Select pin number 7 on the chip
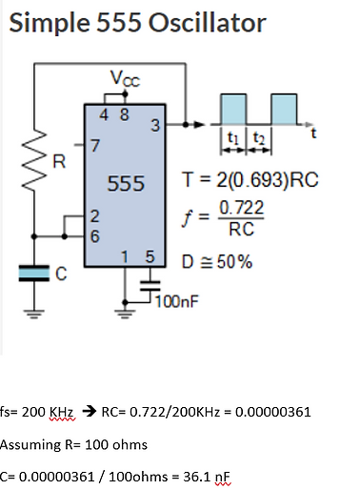click(x=93, y=146)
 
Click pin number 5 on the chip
click(x=150, y=257)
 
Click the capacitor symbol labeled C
click(x=38, y=274)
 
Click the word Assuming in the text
click(x=26, y=443)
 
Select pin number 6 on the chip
click(x=93, y=233)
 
